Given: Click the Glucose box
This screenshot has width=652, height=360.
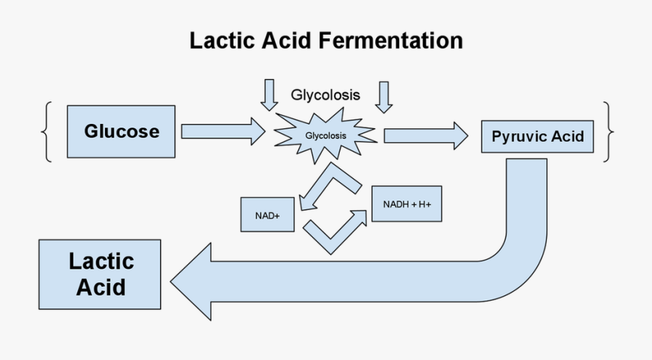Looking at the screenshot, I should click(121, 132).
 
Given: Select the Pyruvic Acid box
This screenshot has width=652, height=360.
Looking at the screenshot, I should click(538, 136).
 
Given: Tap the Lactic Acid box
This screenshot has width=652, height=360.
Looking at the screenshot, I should click(101, 275).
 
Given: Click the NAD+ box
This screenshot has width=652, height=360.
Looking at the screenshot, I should click(267, 214).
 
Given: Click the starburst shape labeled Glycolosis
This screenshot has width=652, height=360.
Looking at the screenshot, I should click(325, 135).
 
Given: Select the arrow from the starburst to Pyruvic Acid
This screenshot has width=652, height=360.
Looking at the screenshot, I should click(425, 135).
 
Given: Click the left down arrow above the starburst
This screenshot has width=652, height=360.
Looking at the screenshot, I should click(269, 94).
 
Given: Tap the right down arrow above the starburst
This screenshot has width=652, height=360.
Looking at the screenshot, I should click(383, 96).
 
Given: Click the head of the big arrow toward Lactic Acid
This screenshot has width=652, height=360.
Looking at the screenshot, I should click(192, 280).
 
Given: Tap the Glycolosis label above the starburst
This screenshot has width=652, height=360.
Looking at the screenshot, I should click(325, 95).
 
